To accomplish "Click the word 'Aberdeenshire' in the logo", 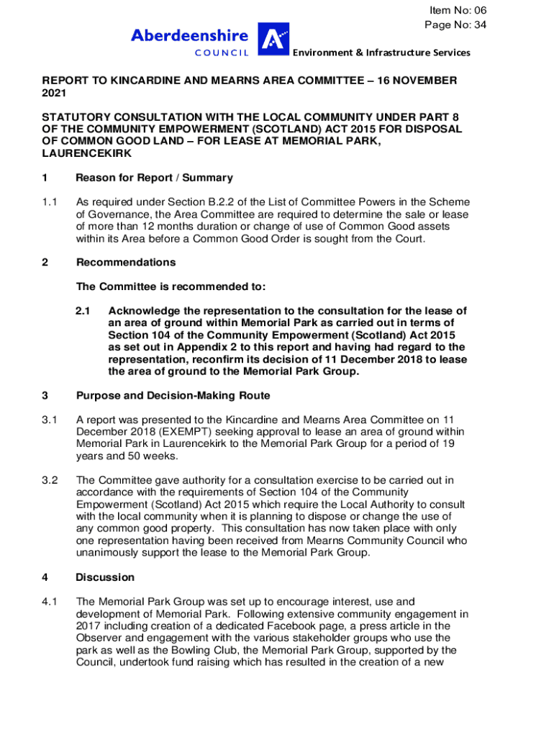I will click(x=189, y=35).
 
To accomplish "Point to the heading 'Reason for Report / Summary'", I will click(x=154, y=178).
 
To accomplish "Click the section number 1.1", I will click(x=50, y=202).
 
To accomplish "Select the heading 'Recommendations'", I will click(x=126, y=263).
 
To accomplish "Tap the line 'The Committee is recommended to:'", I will click(x=171, y=287).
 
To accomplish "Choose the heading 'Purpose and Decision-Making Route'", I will click(x=173, y=395).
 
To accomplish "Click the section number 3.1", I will click(x=50, y=419).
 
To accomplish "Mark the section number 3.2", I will click(x=50, y=480).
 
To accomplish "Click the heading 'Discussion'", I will click(x=105, y=577).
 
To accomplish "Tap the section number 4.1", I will click(x=50, y=602).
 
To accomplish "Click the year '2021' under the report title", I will click(x=55, y=93).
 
